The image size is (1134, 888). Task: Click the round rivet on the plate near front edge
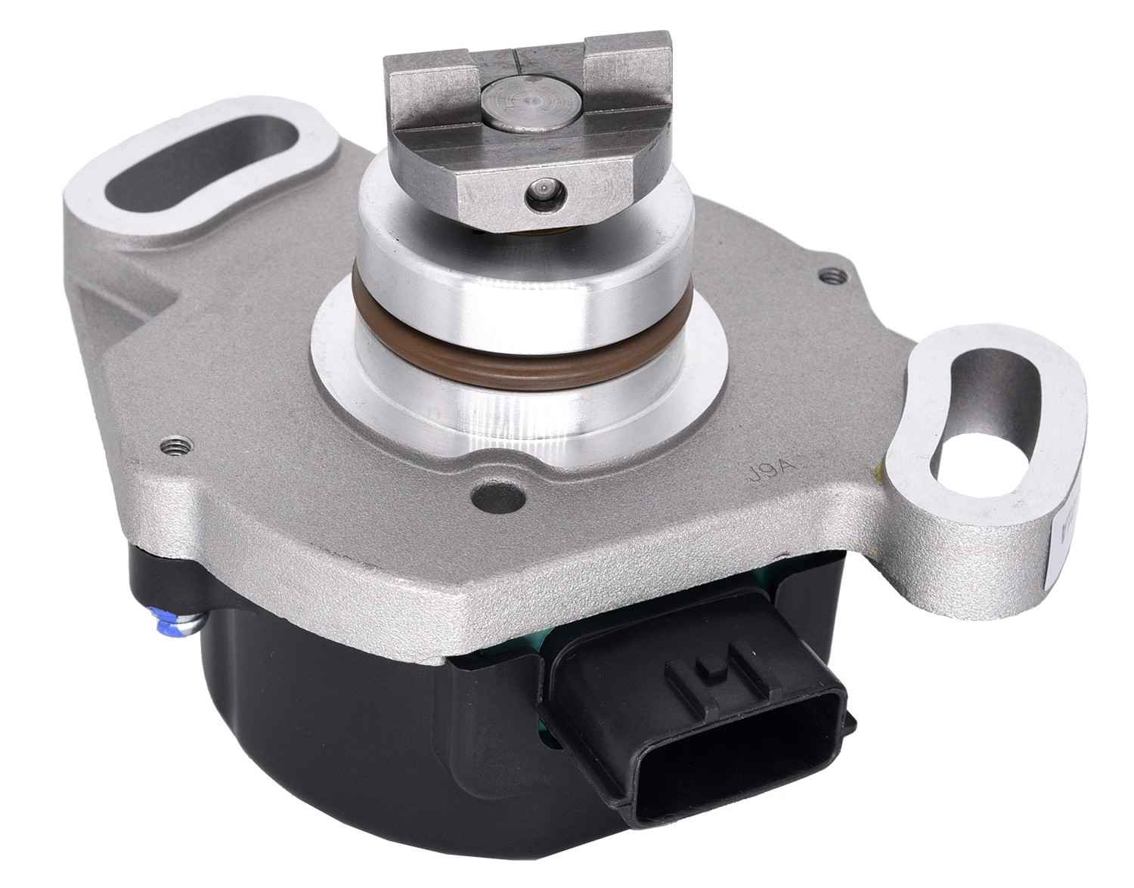tap(483, 497)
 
